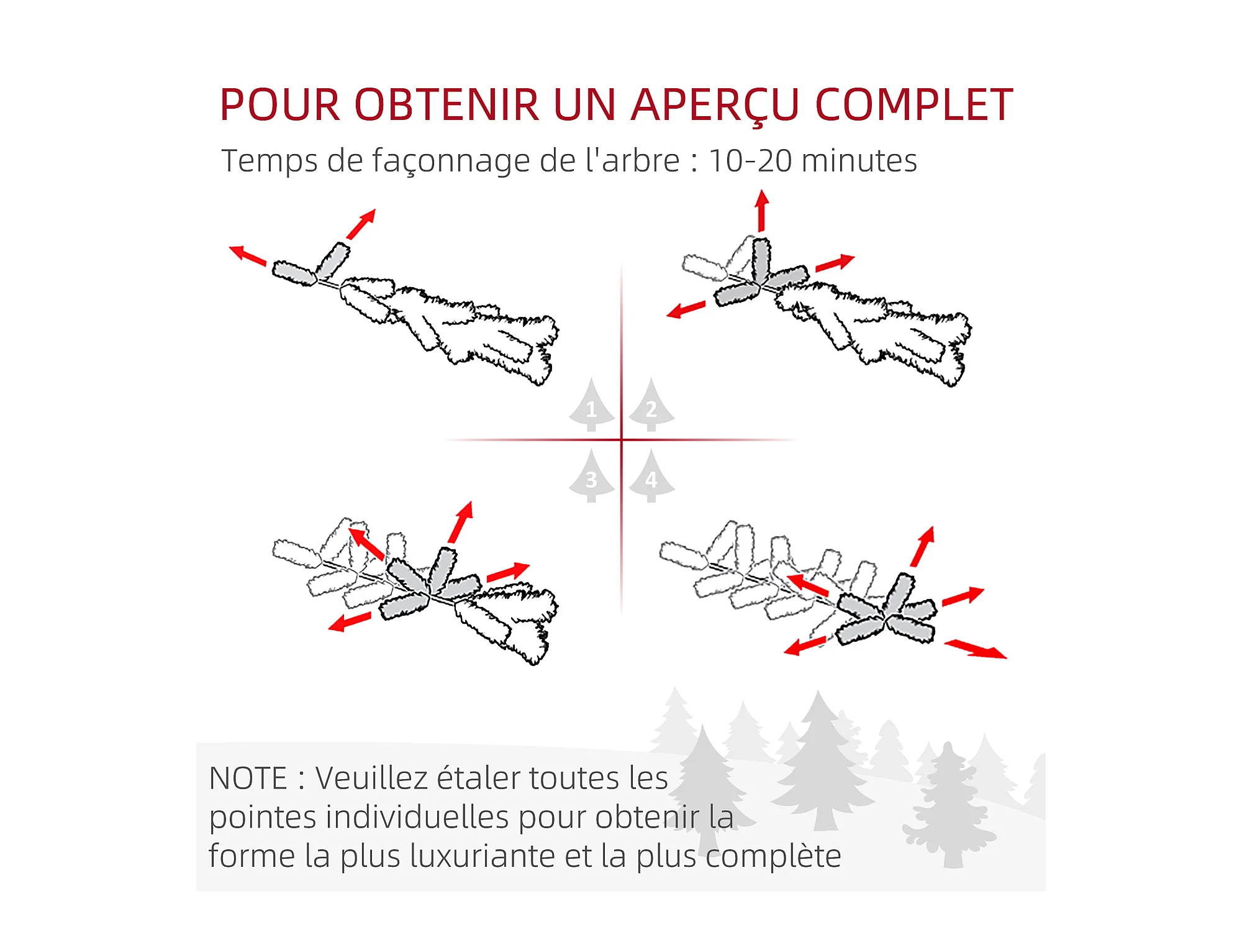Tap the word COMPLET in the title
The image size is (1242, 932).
pyautogui.click(x=913, y=104)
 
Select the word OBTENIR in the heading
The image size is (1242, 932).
pyautogui.click(x=447, y=104)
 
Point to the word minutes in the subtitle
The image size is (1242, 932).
pyautogui.click(x=859, y=161)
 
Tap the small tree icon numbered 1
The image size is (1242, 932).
pyautogui.click(x=592, y=405)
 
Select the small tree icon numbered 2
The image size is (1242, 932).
pyautogui.click(x=651, y=405)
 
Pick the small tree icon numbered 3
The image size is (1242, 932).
pyautogui.click(x=592, y=476)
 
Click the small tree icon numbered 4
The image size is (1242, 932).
pyautogui.click(x=651, y=476)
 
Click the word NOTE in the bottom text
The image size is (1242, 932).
pyautogui.click(x=248, y=779)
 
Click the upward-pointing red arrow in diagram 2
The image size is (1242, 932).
pyautogui.click(x=762, y=211)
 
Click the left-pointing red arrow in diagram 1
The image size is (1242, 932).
pyautogui.click(x=248, y=255)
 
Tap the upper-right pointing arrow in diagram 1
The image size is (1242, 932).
pyautogui.click(x=361, y=224)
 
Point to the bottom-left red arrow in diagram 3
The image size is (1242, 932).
pyautogui.click(x=350, y=621)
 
